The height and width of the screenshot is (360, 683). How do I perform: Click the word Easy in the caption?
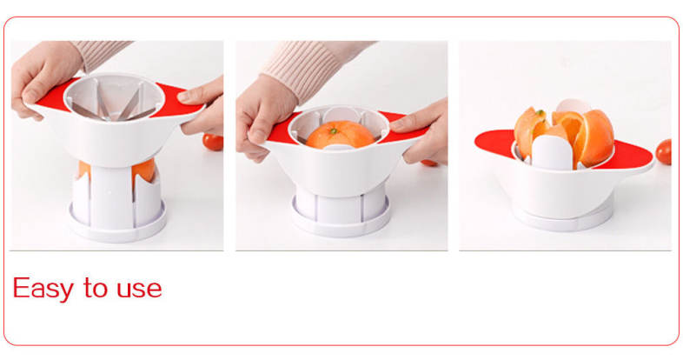coord(43,289)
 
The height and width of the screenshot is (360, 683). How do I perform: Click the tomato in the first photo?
coord(214,142)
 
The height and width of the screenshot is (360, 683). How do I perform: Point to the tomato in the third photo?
coord(663,151)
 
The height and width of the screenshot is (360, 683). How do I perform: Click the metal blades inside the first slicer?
coord(114,104)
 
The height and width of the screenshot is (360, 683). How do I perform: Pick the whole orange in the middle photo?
coord(340,135)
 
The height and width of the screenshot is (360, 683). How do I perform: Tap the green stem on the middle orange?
coord(333,130)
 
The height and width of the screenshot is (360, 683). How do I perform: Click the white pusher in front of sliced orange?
coord(552,152)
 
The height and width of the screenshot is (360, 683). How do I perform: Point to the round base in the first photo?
coord(118,222)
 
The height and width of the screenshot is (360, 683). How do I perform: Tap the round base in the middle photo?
coord(341,222)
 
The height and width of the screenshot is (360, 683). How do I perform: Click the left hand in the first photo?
coord(43,78)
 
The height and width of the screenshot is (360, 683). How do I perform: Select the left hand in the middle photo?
coord(262,117)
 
